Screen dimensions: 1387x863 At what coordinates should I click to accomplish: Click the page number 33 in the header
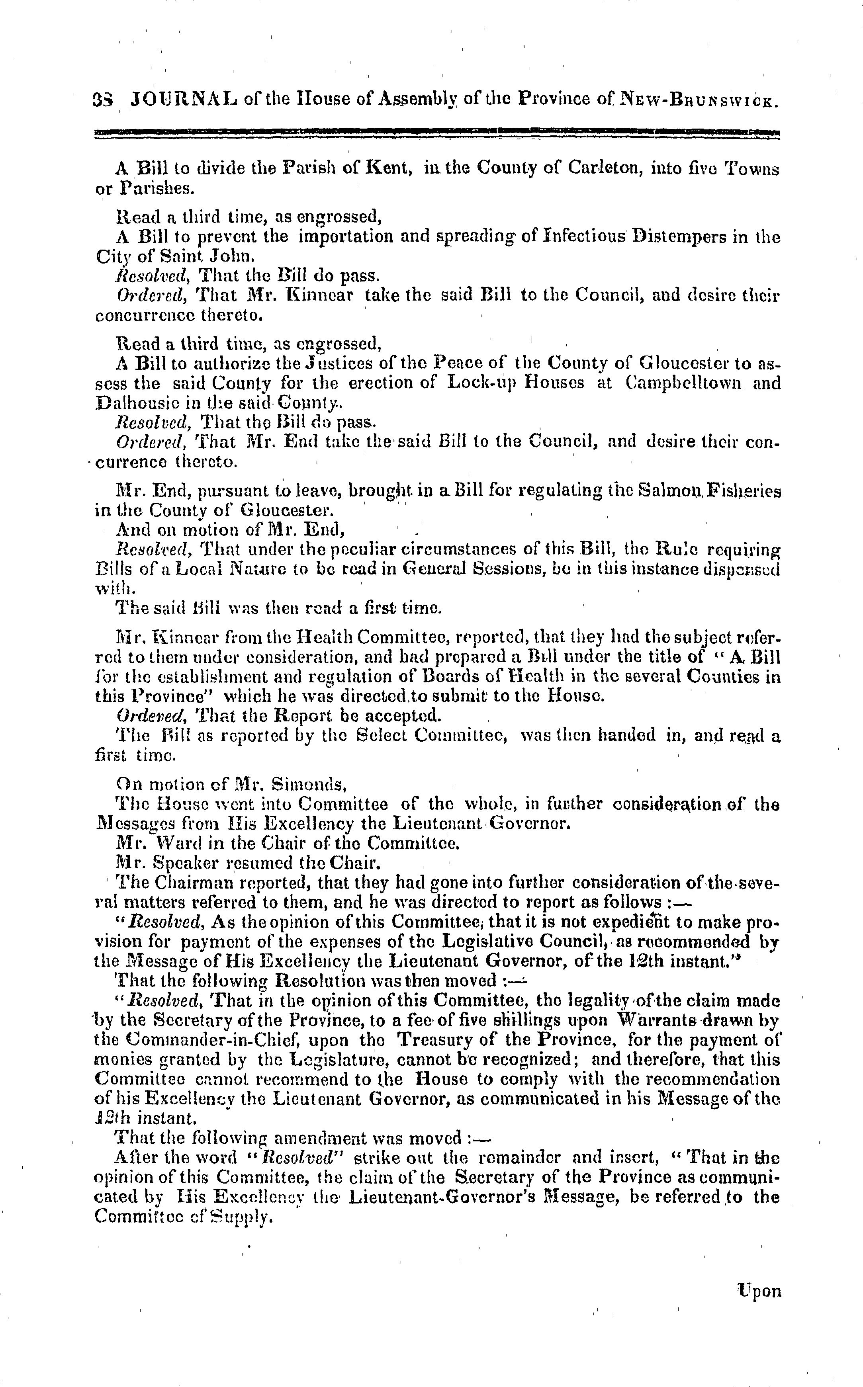click(x=103, y=100)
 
